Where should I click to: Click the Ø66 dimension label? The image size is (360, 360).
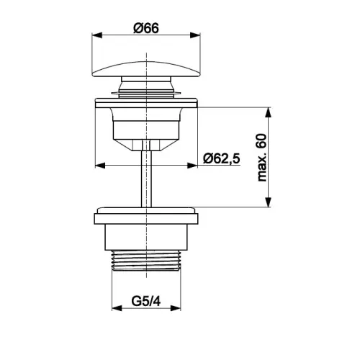coord(146,28)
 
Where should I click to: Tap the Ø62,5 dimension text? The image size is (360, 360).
coord(221,158)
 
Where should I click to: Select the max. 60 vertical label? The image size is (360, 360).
coord(261,158)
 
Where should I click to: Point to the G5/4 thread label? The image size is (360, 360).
coord(146,301)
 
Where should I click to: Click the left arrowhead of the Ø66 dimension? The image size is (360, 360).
coord(97,35)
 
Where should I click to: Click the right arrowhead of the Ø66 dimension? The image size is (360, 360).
coord(195,35)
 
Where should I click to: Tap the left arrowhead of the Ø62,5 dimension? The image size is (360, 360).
coord(100,166)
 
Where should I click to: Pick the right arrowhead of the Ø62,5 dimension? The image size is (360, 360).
coord(192,166)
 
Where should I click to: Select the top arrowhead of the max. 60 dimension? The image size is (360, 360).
coord(269,112)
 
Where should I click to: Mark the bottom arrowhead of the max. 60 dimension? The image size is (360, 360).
coord(269,202)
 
